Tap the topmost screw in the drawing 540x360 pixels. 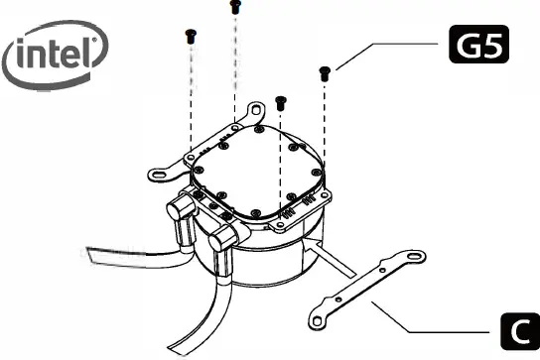coord(235,7)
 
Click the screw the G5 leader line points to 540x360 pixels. coord(324,71)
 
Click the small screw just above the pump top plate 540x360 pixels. coord(280,101)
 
